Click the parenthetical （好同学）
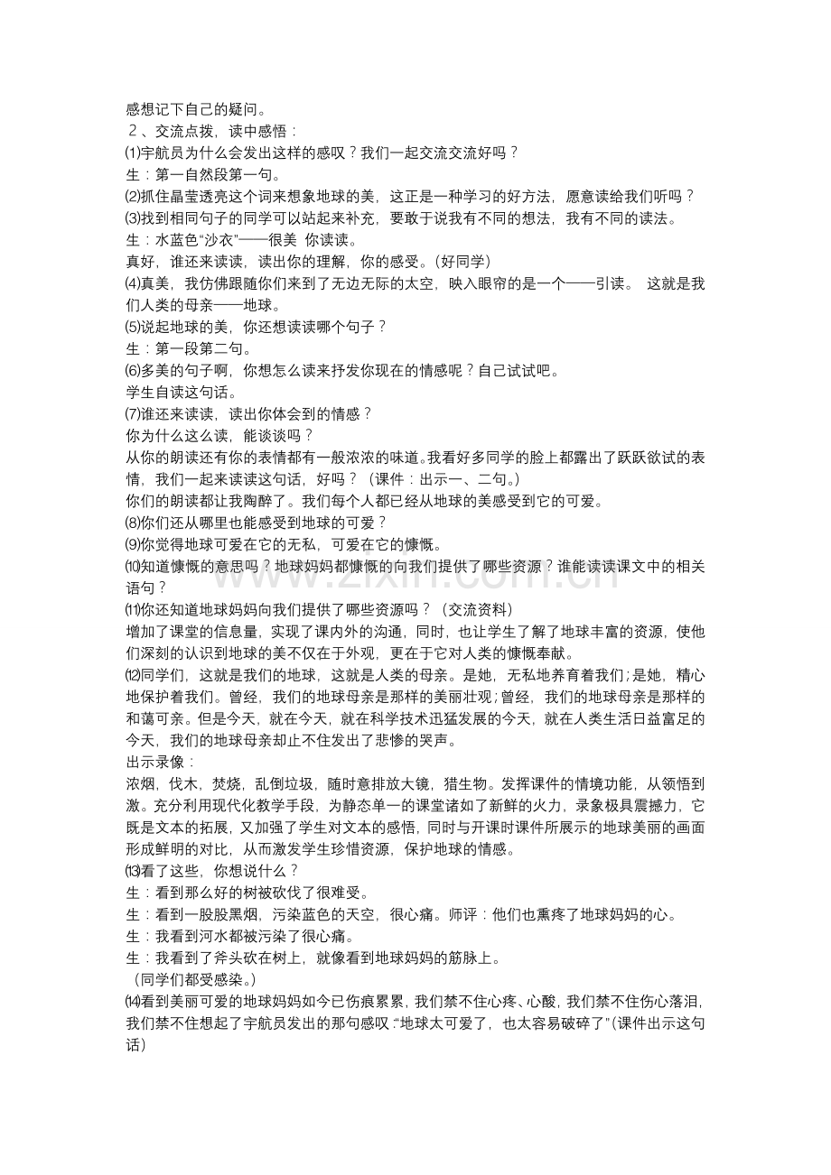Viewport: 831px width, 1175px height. tap(462, 262)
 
